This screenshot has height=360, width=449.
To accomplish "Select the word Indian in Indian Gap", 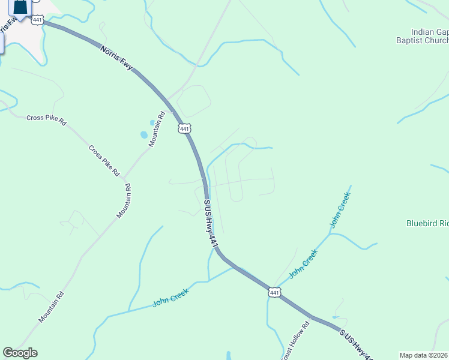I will (423, 32).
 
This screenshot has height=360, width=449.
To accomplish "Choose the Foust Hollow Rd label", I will (296, 340).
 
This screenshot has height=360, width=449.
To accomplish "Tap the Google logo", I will (20, 353).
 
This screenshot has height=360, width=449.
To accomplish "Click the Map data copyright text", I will (424, 355).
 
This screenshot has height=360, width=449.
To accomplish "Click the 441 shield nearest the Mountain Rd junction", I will (185, 129).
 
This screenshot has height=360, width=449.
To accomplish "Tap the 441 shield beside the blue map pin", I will (38, 20).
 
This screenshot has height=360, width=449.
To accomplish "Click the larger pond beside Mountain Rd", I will (143, 135).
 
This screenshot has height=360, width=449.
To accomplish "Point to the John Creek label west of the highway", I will (170, 297).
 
